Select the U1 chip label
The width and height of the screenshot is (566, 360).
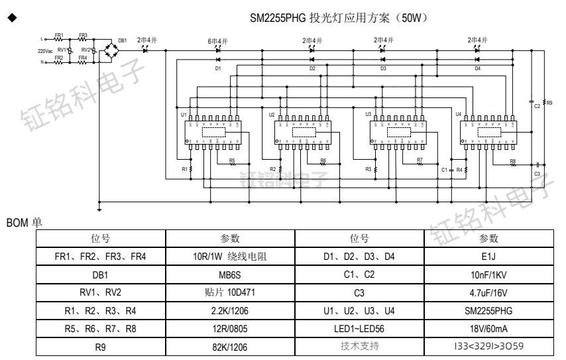(183, 114)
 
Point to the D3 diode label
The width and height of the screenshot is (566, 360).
(383, 68)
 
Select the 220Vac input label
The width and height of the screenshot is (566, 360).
(45, 50)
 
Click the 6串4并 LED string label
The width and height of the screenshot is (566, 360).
(218, 40)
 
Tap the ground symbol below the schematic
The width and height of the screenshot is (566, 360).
(99, 208)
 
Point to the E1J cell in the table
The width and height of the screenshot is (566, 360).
(493, 255)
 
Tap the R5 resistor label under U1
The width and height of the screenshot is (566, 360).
(231, 160)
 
